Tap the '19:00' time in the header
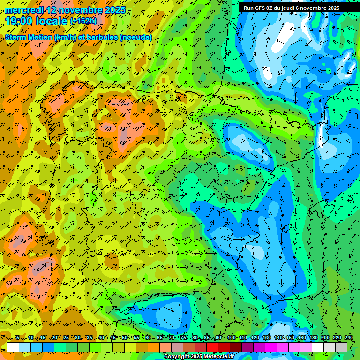pyautogui.click(x=18, y=21)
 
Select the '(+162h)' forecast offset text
pyautogui.click(x=83, y=21)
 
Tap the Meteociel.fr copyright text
pyautogui.click(x=199, y=357)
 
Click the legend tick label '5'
pyautogui.click(x=18, y=338)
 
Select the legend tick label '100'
pyautogui.click(x=231, y=338)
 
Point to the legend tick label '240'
pyautogui.click(x=348, y=338)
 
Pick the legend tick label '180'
pyautogui.click(x=313, y=338)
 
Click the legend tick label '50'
pyautogui.click(x=124, y=338)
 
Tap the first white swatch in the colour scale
pyautogui.click(x=13, y=347)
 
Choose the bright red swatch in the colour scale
pyautogui.click(x=212, y=347)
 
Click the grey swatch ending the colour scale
pyautogui.click(x=341, y=347)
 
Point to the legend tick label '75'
pyautogui.click(x=183, y=338)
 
